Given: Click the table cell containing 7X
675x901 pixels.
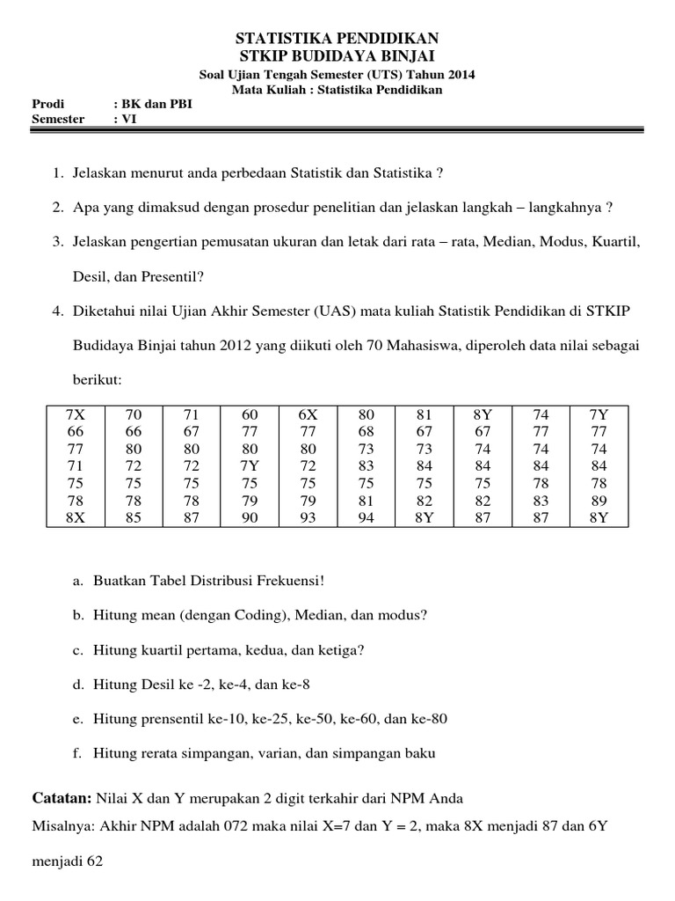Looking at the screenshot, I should pos(75,414).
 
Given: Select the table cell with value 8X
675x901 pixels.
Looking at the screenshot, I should pos(75,518).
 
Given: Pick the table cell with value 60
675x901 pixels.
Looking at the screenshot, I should pos(250,414).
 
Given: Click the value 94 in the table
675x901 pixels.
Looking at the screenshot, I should pos(367,518).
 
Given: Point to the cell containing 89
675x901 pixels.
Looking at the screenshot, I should pos(599,501).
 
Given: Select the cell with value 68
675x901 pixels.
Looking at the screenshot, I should pos(367,431).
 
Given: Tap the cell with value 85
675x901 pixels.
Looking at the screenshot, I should pos(134,518).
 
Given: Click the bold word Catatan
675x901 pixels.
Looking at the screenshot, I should pos(61,798).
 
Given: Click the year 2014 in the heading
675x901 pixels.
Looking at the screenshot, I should pos(459,75).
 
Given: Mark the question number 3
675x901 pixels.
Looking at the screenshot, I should pos(56,240).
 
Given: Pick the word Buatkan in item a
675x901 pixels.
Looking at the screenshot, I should pos(118,581).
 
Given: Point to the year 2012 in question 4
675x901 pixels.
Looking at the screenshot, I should pos(236,346).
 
